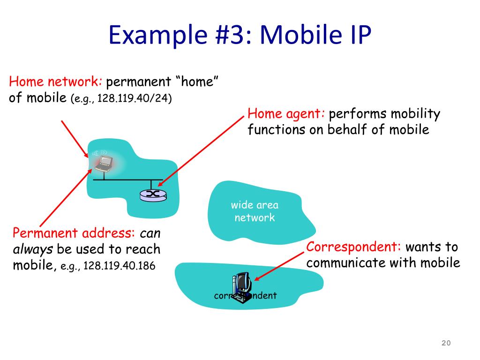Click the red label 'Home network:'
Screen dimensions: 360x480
[56, 82]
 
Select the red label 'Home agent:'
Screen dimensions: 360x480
[286, 114]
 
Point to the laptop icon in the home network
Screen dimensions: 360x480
[104, 163]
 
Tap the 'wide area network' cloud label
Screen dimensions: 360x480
[255, 211]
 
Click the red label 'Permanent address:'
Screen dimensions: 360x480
[74, 233]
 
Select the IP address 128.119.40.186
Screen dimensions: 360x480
[119, 266]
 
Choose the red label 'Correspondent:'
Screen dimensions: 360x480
[354, 247]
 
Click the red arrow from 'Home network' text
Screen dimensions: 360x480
[75, 138]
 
